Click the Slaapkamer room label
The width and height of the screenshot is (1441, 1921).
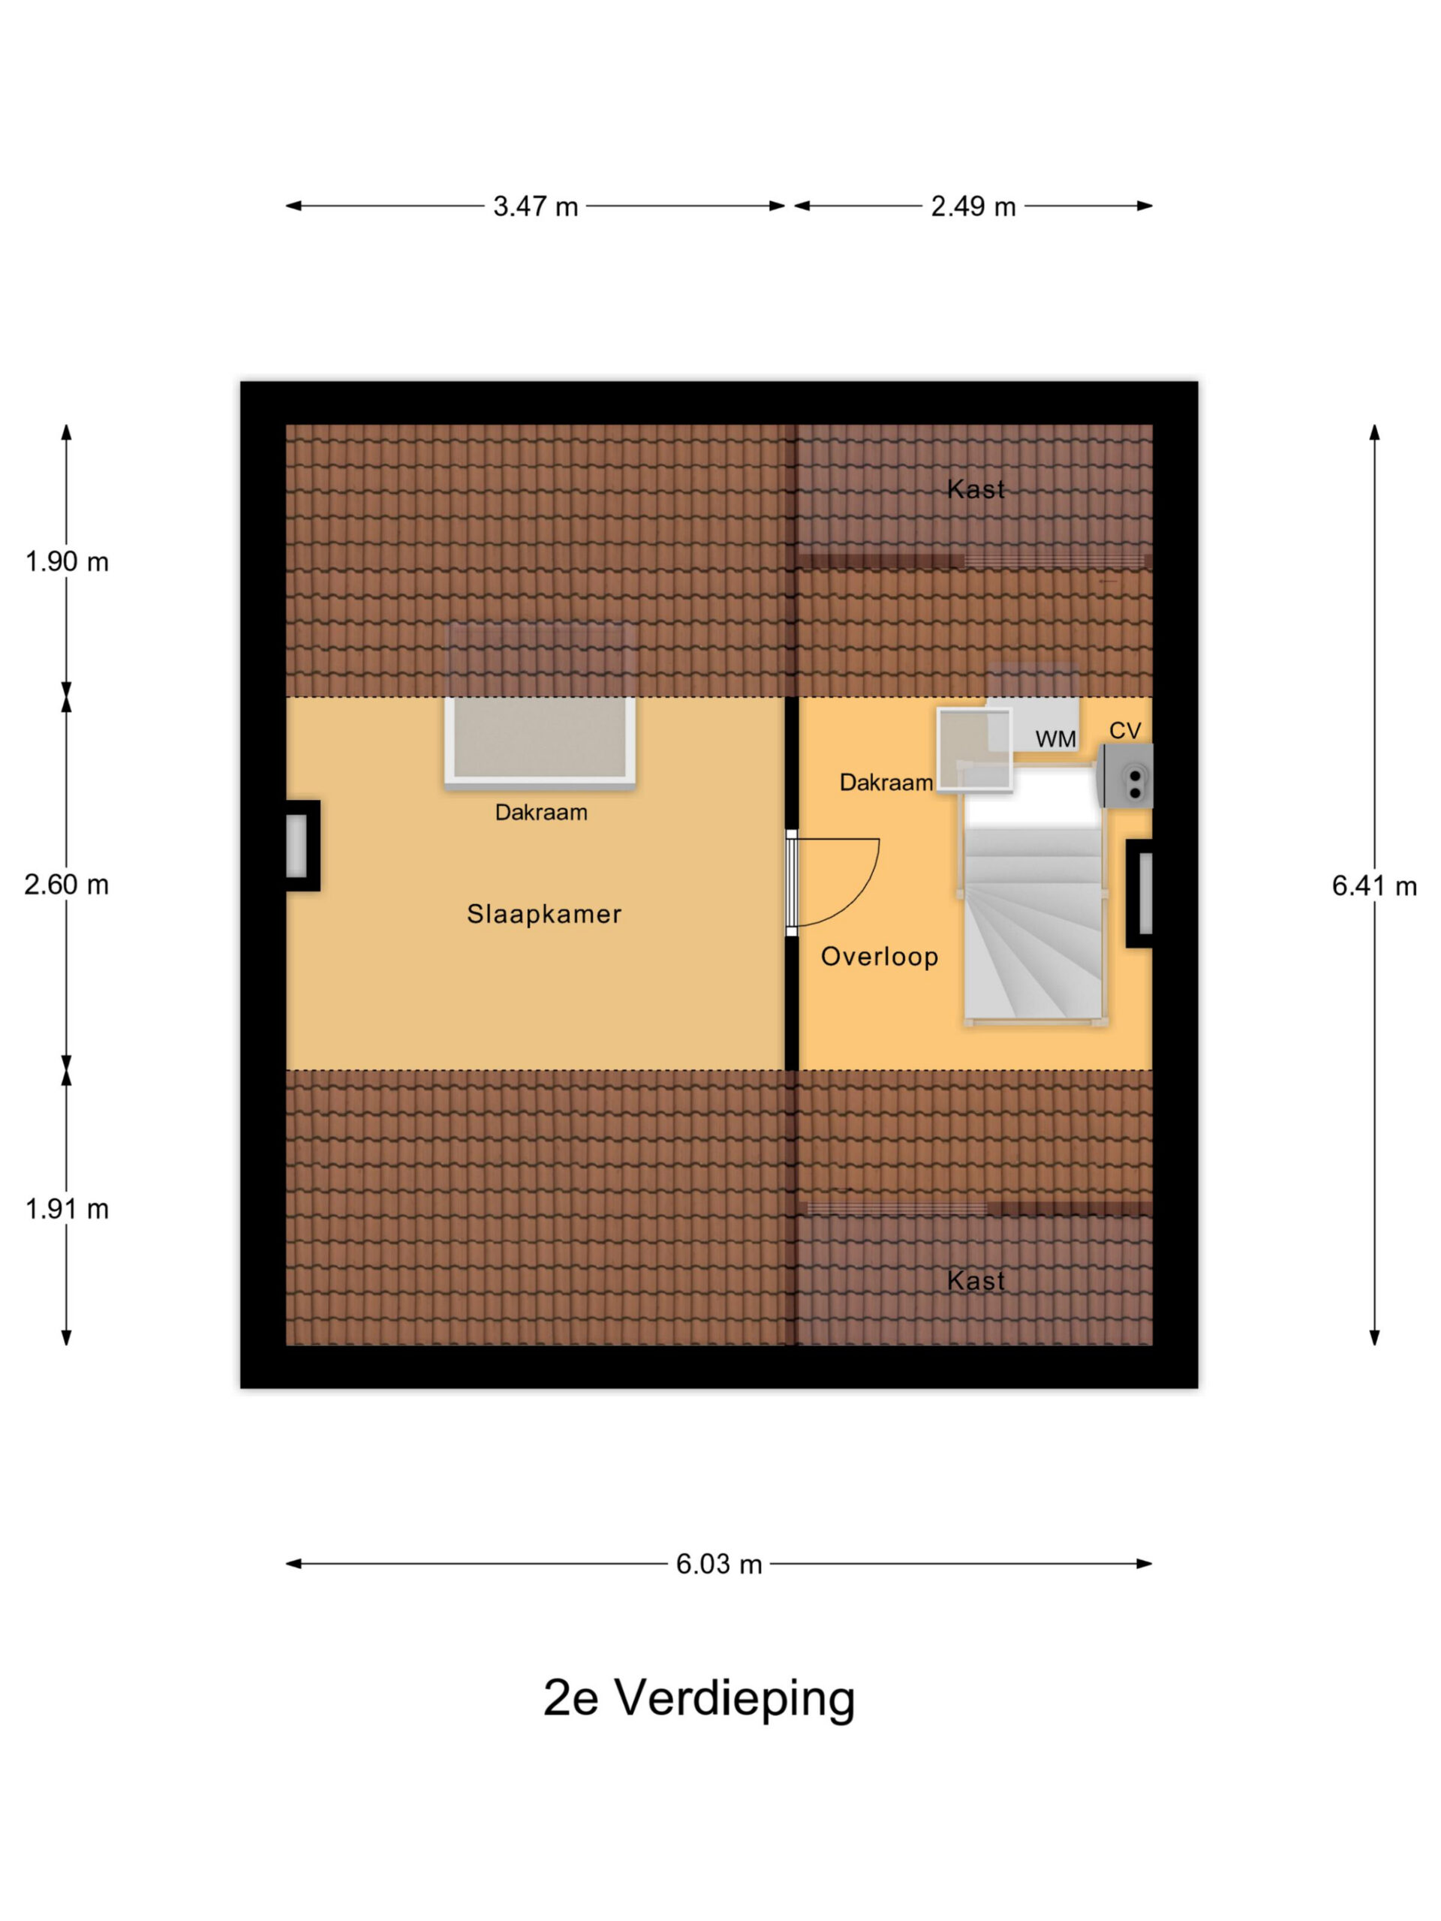coord(543,914)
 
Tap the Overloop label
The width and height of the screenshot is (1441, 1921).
coord(879,957)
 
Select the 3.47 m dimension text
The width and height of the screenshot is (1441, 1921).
coord(535,206)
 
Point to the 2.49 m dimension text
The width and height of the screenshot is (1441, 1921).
coord(973,206)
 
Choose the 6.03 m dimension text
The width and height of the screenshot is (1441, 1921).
coord(718,1563)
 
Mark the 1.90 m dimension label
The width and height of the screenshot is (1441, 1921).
coord(67,562)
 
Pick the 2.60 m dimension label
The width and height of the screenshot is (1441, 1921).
coord(67,885)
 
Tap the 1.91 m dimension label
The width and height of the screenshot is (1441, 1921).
coord(67,1209)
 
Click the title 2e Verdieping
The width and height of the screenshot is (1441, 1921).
coord(699,1699)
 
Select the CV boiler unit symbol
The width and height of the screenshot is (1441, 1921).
coord(1127,775)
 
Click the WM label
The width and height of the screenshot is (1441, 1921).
coord(1055,739)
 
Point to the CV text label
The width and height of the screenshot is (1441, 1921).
coord(1125,730)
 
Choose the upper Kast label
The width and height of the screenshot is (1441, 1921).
coord(976,490)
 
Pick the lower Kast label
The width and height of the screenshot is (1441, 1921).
coord(976,1281)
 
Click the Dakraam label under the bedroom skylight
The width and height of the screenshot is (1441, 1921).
coord(541,813)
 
